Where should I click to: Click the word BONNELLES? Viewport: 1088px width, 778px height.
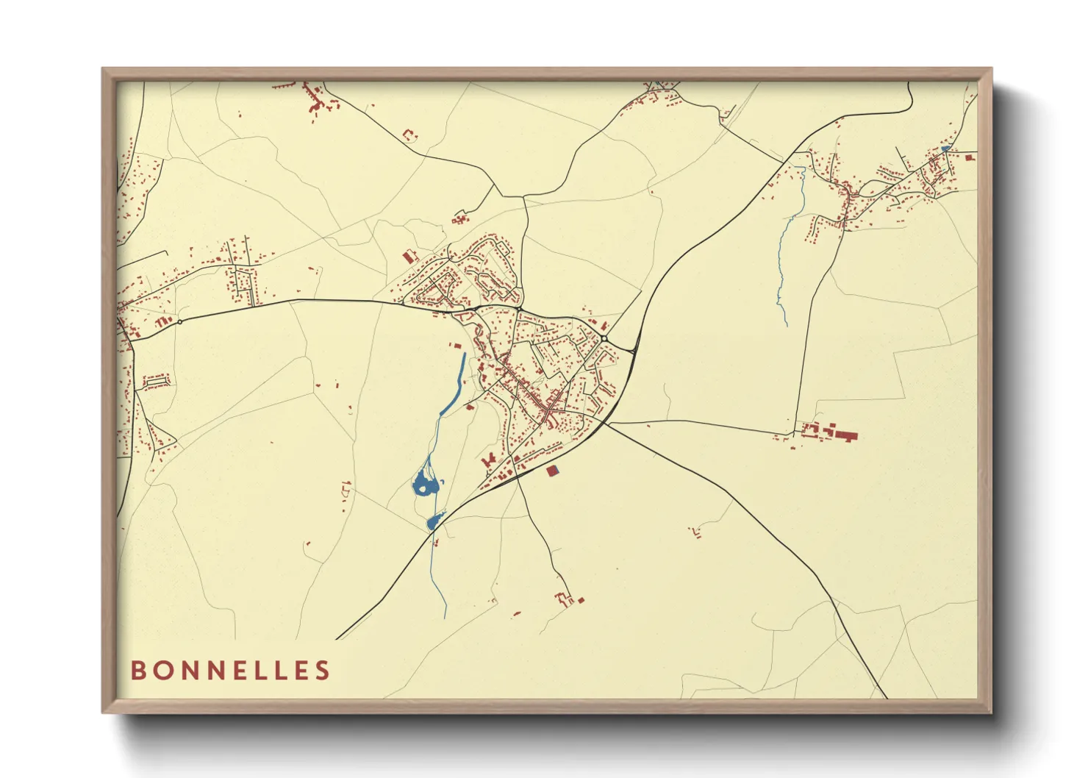coord(230,671)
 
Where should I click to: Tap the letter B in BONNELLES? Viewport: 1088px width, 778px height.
coord(137,671)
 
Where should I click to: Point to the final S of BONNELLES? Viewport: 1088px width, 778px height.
coord(323,671)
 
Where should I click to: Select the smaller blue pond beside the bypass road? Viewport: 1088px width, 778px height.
coord(433,522)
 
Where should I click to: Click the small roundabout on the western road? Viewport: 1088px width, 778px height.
coord(179,321)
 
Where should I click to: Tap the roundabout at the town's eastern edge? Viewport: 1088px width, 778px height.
coord(604,338)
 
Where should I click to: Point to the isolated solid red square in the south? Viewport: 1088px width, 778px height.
coord(581,600)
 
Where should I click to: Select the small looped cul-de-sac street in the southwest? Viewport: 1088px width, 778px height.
coord(156,381)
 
